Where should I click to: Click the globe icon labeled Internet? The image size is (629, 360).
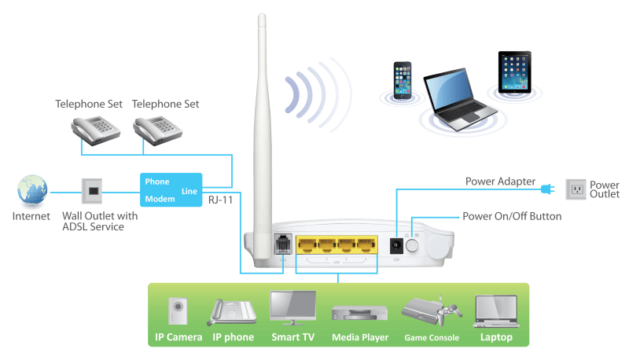click(x=30, y=192)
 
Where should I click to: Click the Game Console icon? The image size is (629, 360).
click(x=429, y=314)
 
